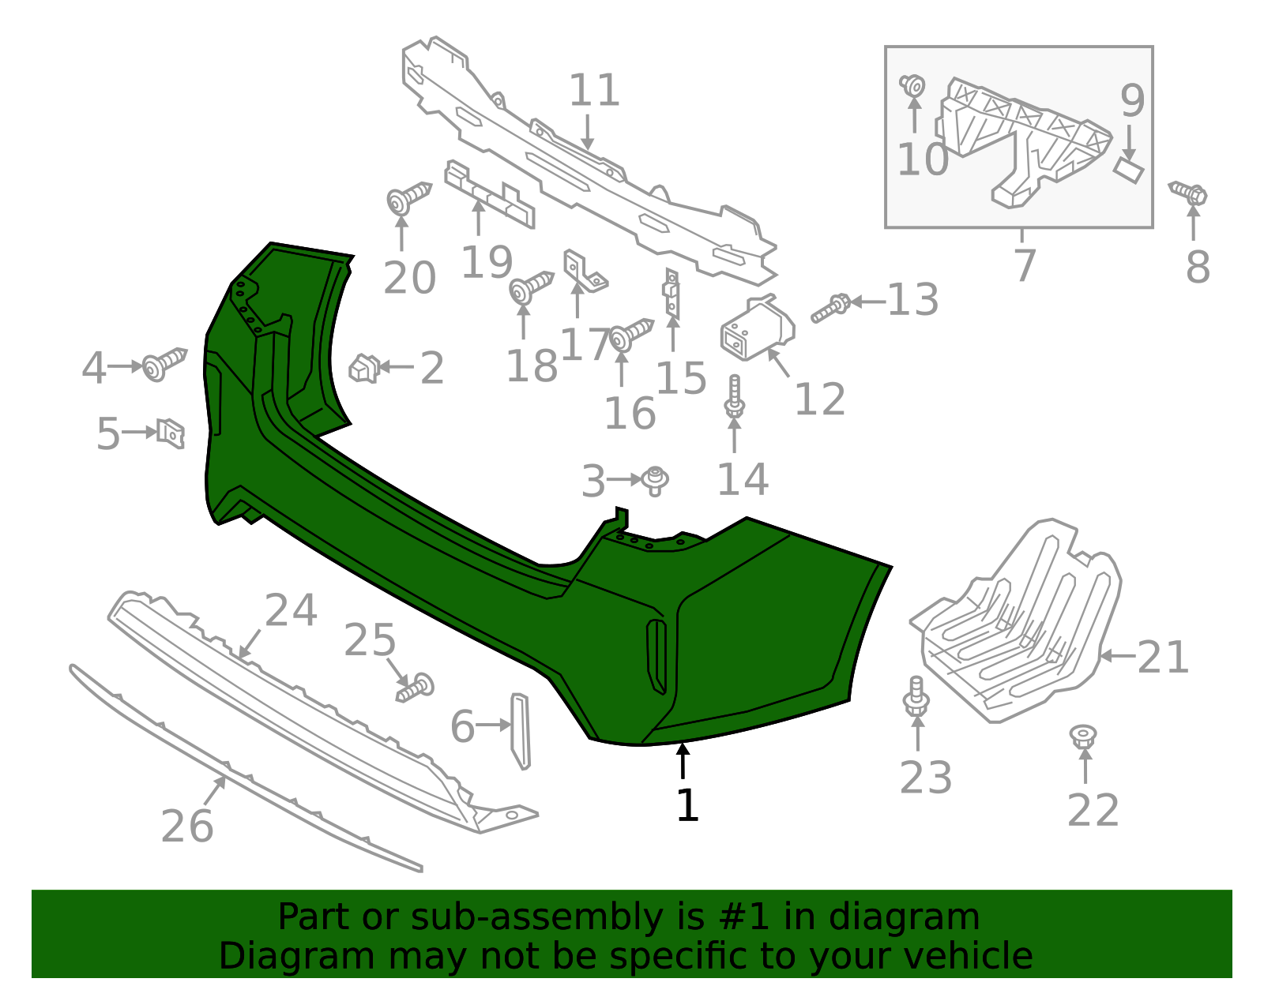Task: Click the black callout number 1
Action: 687,805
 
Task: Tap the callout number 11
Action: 594,90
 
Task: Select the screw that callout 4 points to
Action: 164,364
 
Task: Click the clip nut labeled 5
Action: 171,433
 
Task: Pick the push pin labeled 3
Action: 655,482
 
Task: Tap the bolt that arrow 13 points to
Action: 831,309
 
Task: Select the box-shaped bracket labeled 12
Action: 756,328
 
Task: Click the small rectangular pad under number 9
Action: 1128,170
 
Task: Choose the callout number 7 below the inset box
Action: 1025,265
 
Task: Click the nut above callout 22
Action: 1083,737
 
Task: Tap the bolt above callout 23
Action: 916,696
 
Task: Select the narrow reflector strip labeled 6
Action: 521,732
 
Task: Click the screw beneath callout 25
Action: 415,688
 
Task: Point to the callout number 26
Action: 186,827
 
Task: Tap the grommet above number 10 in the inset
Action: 912,86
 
